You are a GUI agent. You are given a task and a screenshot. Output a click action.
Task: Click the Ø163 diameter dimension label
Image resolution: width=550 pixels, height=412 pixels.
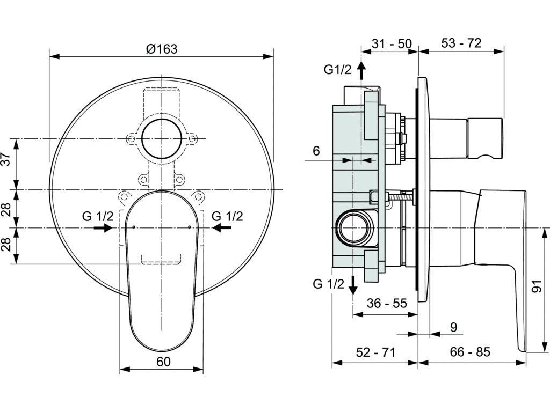coord(162,49)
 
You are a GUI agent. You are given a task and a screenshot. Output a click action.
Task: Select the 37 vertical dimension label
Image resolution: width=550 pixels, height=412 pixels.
coord(6,159)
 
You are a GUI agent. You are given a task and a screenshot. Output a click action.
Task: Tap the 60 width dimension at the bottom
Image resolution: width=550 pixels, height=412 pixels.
coord(163,362)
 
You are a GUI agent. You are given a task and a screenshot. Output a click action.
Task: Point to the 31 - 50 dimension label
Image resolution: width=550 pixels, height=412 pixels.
coord(392,44)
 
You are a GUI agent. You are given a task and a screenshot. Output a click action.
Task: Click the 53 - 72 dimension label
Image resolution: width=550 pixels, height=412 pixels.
coord(461,43)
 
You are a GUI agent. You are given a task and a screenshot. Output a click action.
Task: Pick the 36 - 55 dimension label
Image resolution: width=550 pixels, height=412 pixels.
coord(387,303)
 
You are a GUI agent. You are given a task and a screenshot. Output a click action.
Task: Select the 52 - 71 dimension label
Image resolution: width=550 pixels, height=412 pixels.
coord(375,352)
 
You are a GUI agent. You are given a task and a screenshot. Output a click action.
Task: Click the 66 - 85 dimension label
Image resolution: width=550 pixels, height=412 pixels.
coord(470,352)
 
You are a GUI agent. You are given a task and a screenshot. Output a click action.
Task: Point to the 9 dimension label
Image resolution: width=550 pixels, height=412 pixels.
coord(453,327)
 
